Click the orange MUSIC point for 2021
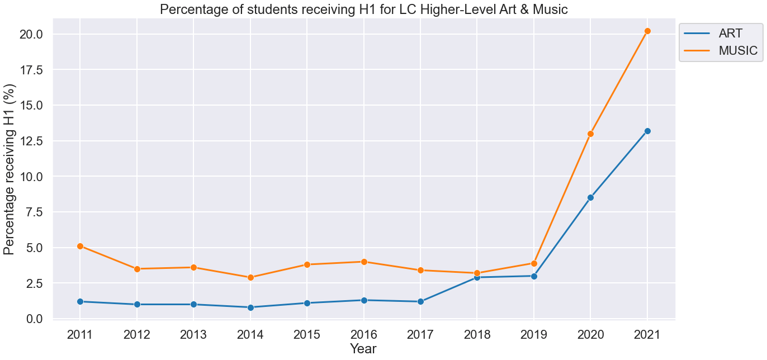[647, 31]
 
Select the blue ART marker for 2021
[647, 131]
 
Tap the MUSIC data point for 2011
[80, 246]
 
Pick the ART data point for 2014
[250, 307]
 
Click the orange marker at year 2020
[590, 134]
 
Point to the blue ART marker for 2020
[590, 197]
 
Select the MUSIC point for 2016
[364, 262]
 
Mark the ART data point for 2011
[80, 301]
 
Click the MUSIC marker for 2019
[534, 263]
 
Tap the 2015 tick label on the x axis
[307, 335]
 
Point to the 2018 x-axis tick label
[477, 335]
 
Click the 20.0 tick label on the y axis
[32, 35]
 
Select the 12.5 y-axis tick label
[32, 141]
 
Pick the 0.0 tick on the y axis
[35, 319]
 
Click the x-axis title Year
[363, 349]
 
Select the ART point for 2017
[420, 301]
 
